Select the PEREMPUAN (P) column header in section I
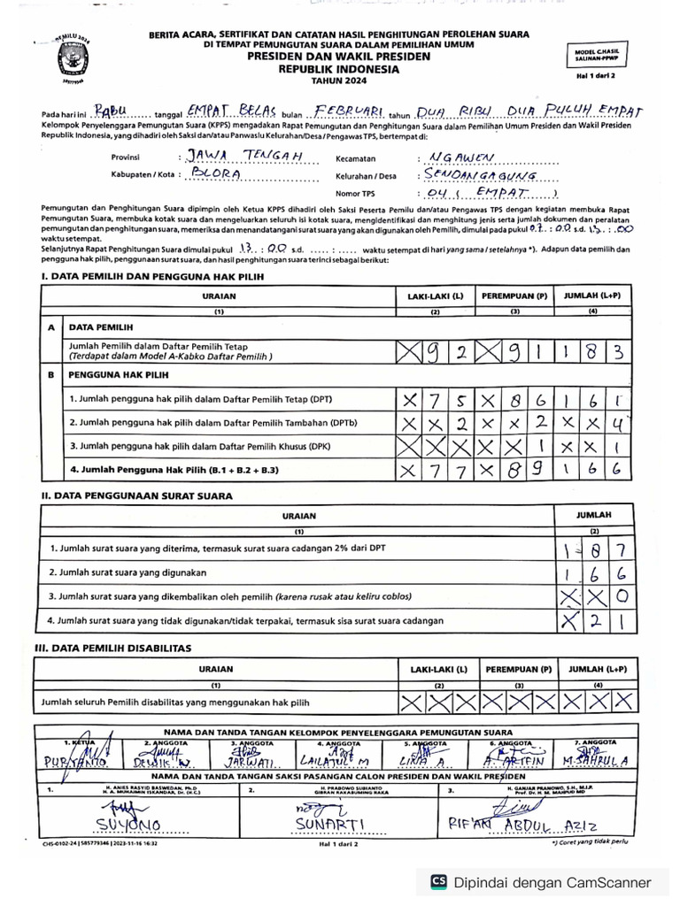coord(514,296)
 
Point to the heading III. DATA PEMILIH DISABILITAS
coord(116,648)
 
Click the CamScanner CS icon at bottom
coord(437,882)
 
